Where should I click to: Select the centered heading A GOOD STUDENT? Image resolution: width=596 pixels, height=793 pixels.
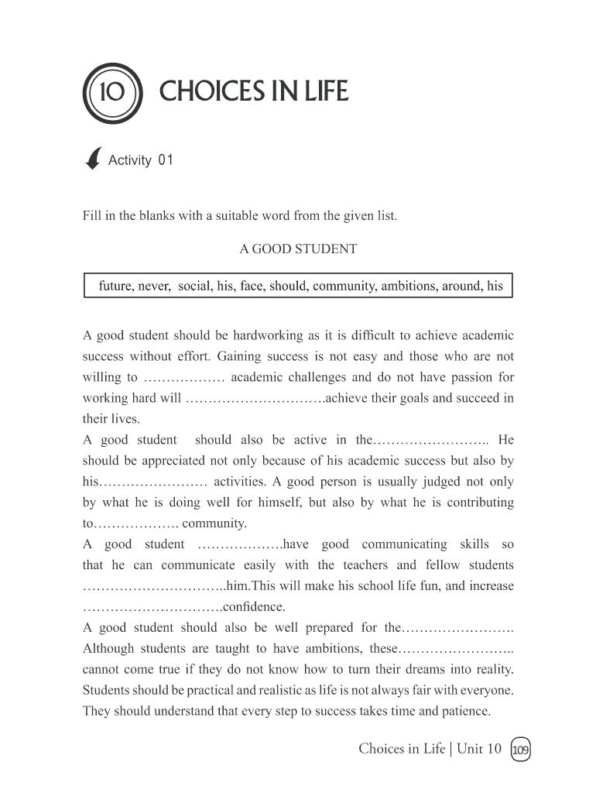[x=298, y=249]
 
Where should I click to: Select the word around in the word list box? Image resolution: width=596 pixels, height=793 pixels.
[x=461, y=286]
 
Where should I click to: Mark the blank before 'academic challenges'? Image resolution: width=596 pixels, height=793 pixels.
[x=184, y=378]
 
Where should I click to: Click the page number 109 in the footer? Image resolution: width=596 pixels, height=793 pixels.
[x=521, y=749]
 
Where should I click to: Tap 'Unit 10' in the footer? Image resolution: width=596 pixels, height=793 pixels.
[x=479, y=748]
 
